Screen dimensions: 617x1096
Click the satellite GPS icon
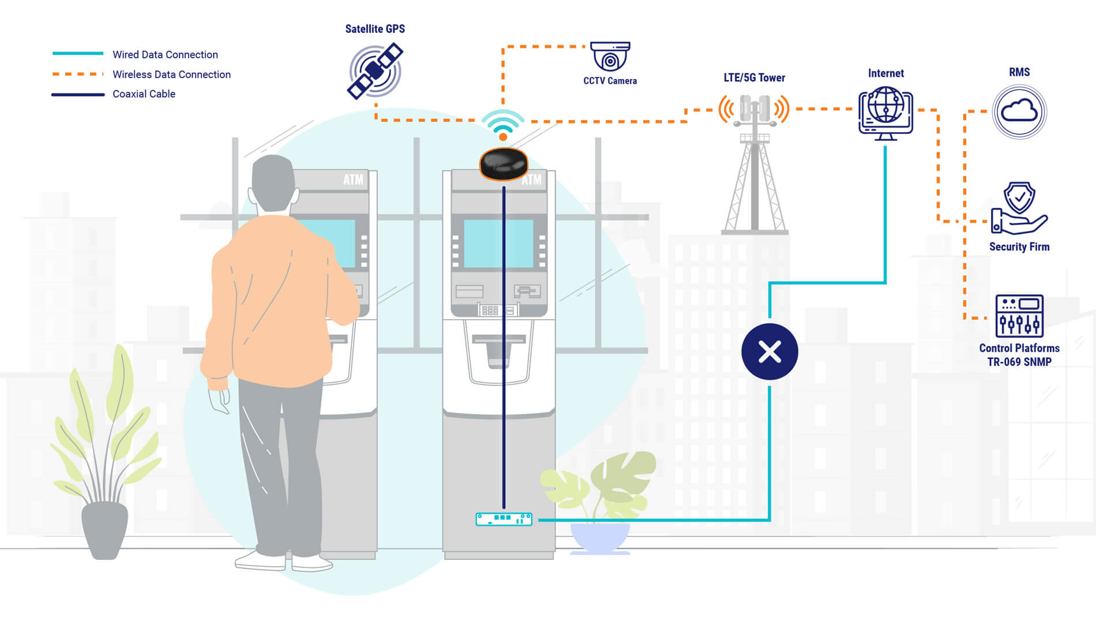pyautogui.click(x=375, y=72)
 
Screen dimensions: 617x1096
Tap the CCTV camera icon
pyautogui.click(x=610, y=56)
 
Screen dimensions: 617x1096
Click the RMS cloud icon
pyautogui.click(x=1019, y=111)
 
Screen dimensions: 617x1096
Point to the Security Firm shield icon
pyautogui.click(x=1019, y=208)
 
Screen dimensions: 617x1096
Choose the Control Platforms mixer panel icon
pyautogui.click(x=1019, y=316)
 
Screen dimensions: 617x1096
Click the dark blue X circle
pyautogui.click(x=770, y=351)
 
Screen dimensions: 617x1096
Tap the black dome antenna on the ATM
pyautogui.click(x=504, y=163)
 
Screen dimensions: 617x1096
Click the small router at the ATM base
pyautogui.click(x=504, y=519)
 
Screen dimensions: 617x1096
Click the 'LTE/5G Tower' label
pyautogui.click(x=754, y=78)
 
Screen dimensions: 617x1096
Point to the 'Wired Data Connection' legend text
pyautogui.click(x=165, y=55)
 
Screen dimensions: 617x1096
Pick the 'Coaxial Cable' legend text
pyautogui.click(x=144, y=94)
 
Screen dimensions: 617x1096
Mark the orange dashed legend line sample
pyautogui.click(x=78, y=74)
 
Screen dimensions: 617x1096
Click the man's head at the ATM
pyautogui.click(x=273, y=184)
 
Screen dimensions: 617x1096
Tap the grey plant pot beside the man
pyautogui.click(x=104, y=529)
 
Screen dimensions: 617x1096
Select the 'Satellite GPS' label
pyautogui.click(x=375, y=29)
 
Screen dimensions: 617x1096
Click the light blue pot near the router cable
pyautogui.click(x=600, y=537)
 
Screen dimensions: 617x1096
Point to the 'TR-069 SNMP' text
pyautogui.click(x=1019, y=362)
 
